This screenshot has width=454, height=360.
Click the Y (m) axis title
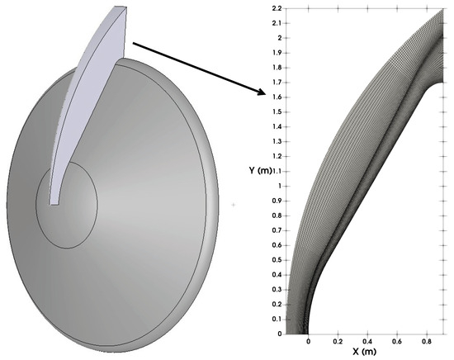pos(260,170)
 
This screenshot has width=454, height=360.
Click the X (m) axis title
pos(365,352)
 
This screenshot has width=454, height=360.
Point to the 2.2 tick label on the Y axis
pos(277,8)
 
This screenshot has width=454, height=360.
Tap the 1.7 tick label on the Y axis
pos(277,83)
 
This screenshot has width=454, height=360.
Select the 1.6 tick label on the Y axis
pos(277,97)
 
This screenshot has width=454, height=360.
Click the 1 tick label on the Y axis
pos(280,186)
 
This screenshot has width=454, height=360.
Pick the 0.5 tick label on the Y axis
pos(277,260)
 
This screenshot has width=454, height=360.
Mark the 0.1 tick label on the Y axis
pos(277,320)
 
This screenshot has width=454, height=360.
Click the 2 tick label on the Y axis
pos(279,38)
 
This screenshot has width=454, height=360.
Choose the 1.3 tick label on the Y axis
pos(277,142)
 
